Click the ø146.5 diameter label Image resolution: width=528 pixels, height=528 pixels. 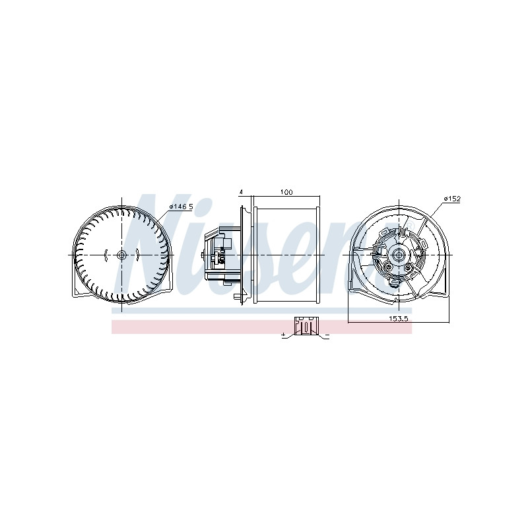click(181, 207)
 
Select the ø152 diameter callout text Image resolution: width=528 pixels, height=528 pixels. click(452, 199)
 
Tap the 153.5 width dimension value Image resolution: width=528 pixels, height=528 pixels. click(399, 319)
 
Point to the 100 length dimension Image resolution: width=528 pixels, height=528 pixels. click(286, 192)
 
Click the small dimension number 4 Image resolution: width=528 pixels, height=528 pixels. click(241, 192)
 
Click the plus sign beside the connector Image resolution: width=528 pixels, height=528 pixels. click(284, 335)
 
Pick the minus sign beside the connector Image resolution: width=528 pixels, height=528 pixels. click(327, 336)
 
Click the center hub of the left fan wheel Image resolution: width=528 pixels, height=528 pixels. click(121, 255)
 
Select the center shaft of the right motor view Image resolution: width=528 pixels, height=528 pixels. click(399, 255)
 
